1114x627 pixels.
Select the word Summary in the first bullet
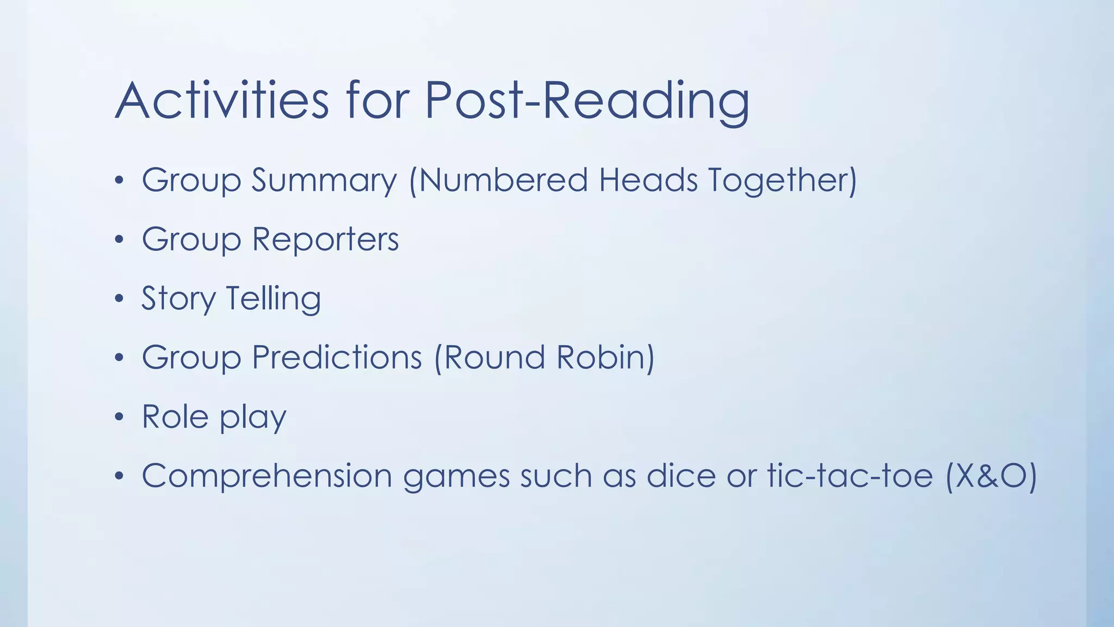point(324,181)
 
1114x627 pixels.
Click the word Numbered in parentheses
point(498,180)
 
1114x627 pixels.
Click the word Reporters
point(325,239)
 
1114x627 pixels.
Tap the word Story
point(178,299)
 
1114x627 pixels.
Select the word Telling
point(273,299)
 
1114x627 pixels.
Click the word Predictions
point(337,358)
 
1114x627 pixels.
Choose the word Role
point(175,417)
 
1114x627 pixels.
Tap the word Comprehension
point(267,476)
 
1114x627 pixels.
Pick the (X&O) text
point(991,476)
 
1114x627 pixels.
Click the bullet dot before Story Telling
point(119,299)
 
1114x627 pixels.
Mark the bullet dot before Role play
point(119,417)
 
